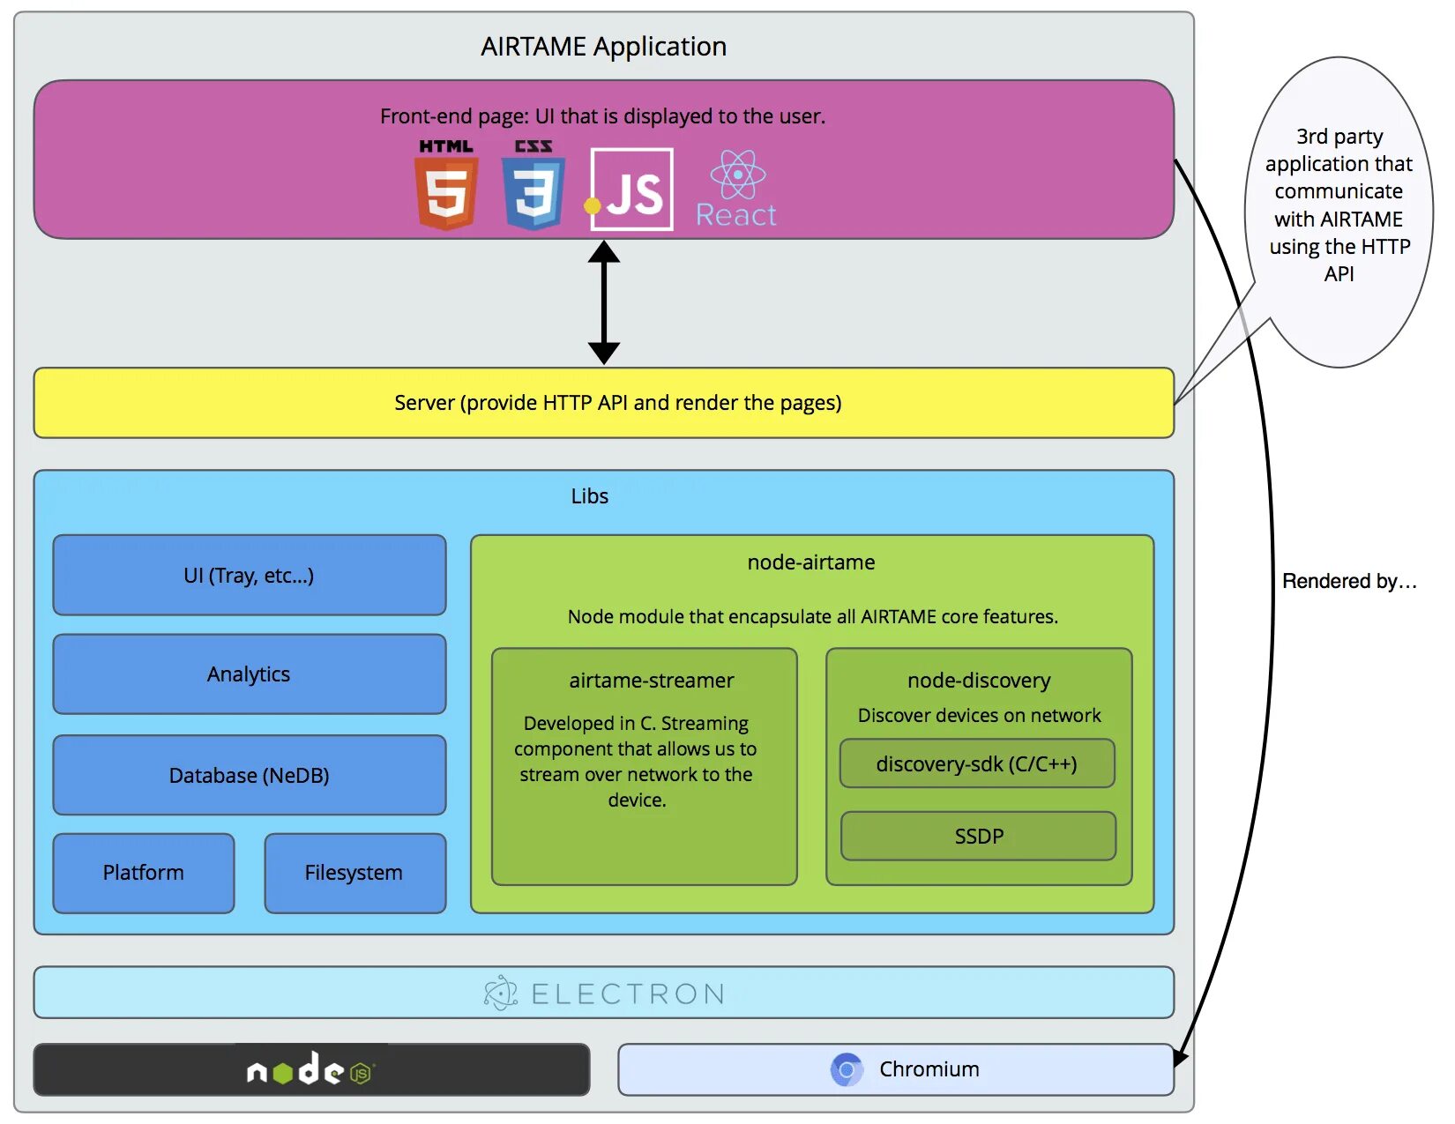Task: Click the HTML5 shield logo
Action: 446,185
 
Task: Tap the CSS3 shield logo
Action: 533,185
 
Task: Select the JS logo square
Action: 632,190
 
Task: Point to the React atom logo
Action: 738,174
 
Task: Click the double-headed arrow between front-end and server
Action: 604,302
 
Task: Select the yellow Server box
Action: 604,403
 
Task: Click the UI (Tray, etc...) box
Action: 250,575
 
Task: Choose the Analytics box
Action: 250,674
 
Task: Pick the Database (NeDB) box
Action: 250,775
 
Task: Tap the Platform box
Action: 144,873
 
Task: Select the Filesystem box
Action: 355,873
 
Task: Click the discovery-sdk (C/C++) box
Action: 978,763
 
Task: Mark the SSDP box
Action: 979,836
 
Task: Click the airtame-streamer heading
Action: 652,681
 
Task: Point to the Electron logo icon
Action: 501,993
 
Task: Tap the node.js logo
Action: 311,1068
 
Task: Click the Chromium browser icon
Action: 847,1069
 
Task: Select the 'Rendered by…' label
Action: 1350,581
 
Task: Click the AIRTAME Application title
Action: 604,47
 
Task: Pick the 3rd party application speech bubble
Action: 1338,212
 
